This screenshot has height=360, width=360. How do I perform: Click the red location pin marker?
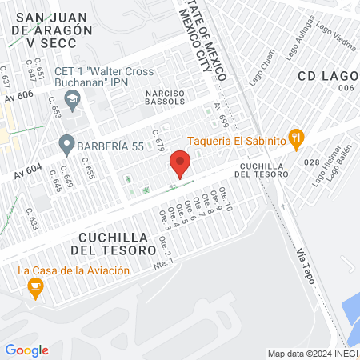click(180, 166)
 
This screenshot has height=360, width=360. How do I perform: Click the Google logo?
click(26, 350)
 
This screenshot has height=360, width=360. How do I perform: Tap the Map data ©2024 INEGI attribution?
click(311, 354)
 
